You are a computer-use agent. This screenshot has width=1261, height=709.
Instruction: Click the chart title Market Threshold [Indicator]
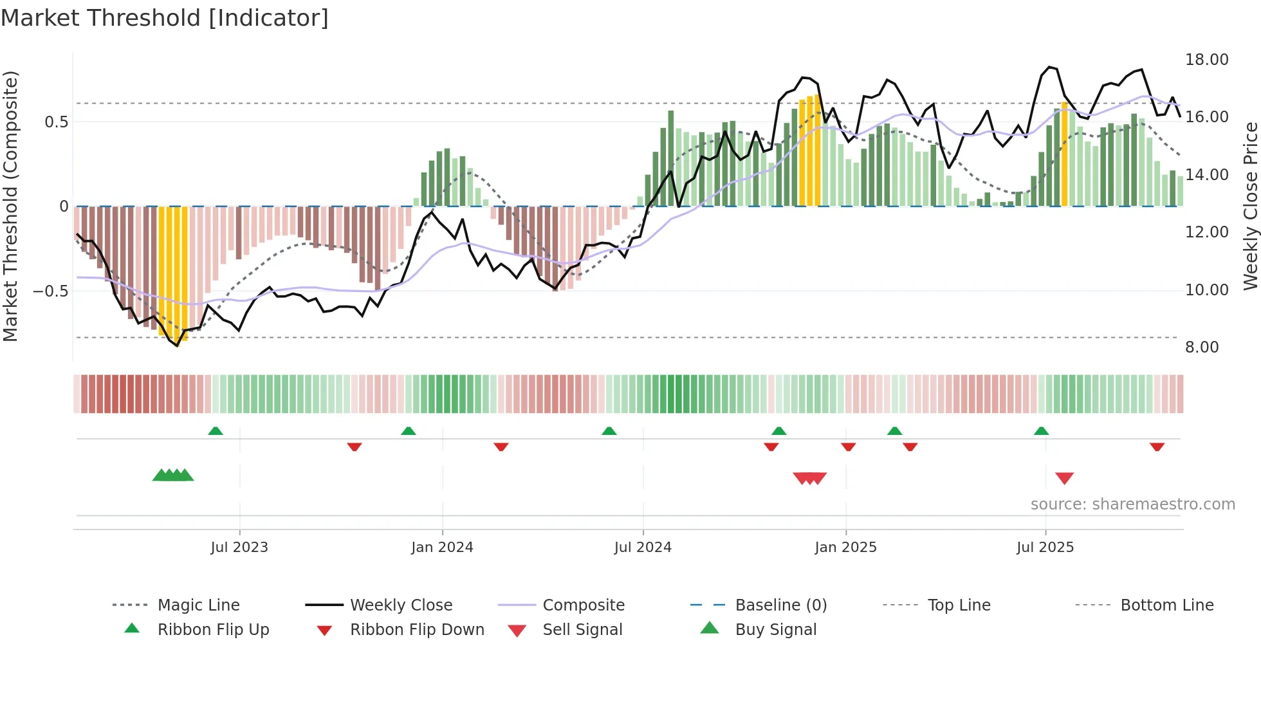pyautogui.click(x=165, y=18)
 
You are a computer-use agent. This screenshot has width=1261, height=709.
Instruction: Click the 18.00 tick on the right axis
pyautogui.click(x=1206, y=60)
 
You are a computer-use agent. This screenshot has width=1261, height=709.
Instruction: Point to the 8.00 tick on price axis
pyautogui.click(x=1202, y=347)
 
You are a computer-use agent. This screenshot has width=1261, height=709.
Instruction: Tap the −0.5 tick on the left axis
pyautogui.click(x=50, y=291)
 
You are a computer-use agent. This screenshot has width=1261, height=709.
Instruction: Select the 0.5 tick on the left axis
pyautogui.click(x=56, y=122)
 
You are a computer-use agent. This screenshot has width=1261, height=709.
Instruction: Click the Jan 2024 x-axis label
pyautogui.click(x=442, y=548)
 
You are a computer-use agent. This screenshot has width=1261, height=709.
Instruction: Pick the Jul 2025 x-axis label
pyautogui.click(x=1045, y=548)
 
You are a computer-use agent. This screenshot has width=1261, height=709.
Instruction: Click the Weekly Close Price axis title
pyautogui.click(x=1250, y=206)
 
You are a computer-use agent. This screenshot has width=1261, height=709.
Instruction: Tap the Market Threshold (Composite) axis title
pyautogui.click(x=10, y=206)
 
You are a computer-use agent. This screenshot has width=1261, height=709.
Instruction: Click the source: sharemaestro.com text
pyautogui.click(x=1132, y=504)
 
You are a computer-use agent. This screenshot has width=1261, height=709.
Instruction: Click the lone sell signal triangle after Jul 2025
pyautogui.click(x=1064, y=478)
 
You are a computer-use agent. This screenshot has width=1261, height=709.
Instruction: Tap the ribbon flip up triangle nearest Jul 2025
pyautogui.click(x=1041, y=431)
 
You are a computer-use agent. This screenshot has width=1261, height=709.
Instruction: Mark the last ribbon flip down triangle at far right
pyautogui.click(x=1157, y=447)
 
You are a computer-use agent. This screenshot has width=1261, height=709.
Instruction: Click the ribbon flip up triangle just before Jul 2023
pyautogui.click(x=216, y=431)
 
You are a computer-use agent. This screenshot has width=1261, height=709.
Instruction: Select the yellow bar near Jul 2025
pyautogui.click(x=1064, y=154)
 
